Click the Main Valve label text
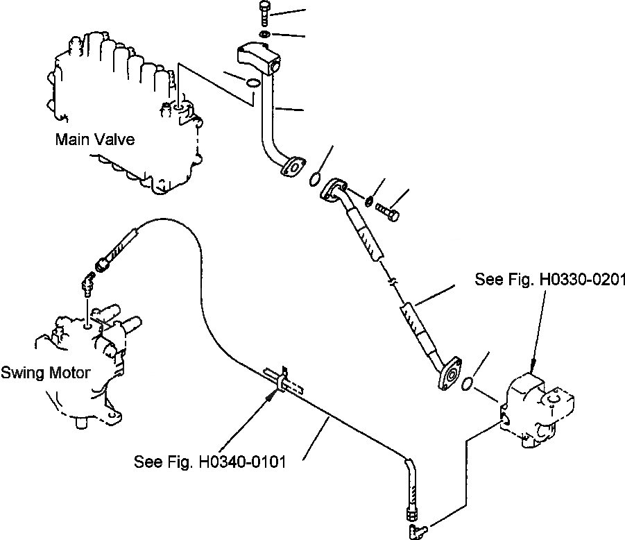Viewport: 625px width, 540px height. click(x=94, y=140)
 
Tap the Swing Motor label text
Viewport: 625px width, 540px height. click(x=45, y=373)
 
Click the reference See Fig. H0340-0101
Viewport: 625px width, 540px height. click(x=210, y=462)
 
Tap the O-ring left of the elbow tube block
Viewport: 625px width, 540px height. click(x=254, y=83)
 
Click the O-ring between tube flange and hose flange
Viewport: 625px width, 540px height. click(x=314, y=180)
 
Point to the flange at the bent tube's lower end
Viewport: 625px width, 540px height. click(x=294, y=167)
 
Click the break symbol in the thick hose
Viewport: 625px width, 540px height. click(x=391, y=282)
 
